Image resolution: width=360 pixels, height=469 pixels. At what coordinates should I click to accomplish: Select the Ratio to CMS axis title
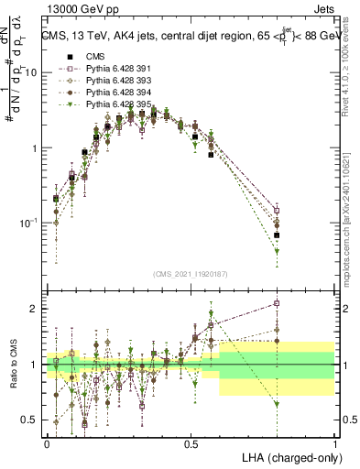click(12, 364)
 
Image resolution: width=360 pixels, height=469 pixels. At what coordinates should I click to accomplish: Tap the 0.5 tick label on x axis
click(191, 442)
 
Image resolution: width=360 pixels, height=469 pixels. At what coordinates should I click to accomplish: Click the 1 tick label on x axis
click(334, 442)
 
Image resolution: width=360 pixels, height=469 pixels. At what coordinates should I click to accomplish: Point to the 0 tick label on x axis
click(47, 442)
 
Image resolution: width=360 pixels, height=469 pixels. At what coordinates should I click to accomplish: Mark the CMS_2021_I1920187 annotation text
click(191, 272)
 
